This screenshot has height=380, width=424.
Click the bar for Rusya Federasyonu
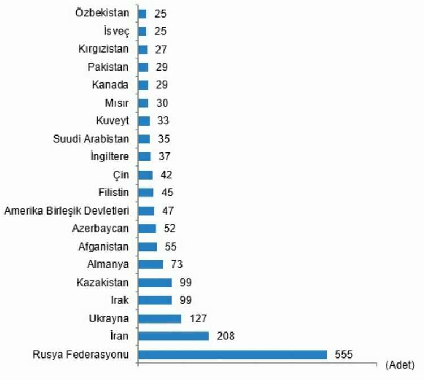[232, 355]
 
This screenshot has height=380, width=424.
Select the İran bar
[173, 337]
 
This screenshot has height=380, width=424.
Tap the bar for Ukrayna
[159, 318]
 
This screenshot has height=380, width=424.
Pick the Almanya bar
[150, 264]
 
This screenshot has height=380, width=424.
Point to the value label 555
[343, 355]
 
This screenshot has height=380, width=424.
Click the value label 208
[226, 337]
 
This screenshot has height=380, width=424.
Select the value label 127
[198, 318]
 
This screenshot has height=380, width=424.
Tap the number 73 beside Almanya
[176, 264]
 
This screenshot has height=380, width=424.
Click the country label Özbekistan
[102, 13]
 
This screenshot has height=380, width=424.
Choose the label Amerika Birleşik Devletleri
[67, 211]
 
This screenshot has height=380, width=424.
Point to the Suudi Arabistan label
[91, 139]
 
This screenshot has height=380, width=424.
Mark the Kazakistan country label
[103, 282]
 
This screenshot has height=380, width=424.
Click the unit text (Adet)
[399, 365]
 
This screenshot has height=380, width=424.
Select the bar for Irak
[154, 300]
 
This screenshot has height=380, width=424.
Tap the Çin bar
[145, 175]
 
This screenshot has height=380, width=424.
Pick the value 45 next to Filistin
[167, 193]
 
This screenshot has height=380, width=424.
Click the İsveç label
[115, 31]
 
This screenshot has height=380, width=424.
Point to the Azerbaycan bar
[147, 229]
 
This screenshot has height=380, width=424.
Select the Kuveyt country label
[113, 121]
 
